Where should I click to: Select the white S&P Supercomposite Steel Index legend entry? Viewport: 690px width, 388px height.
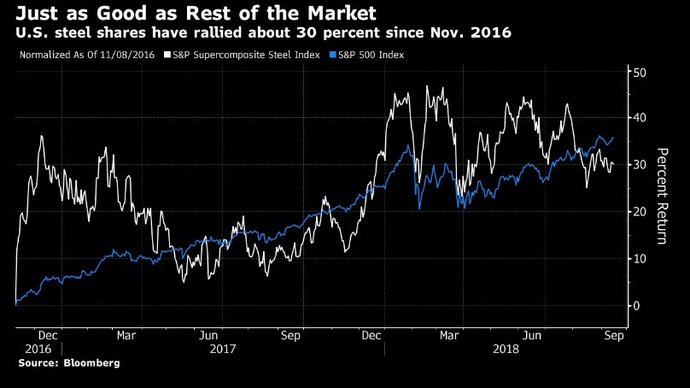(x=245, y=55)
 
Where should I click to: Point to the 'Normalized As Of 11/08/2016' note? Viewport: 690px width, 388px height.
(x=86, y=55)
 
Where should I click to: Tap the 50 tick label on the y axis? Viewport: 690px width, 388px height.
(x=637, y=73)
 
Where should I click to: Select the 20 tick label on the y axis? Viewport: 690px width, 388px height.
(x=637, y=211)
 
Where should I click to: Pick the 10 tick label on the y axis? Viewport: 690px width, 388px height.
(x=637, y=258)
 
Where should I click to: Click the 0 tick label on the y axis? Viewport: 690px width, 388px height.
(x=634, y=305)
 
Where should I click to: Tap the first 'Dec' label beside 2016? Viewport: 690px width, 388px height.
(x=49, y=336)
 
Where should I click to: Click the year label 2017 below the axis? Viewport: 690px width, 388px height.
(x=222, y=350)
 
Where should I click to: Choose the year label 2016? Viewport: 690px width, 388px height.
(x=38, y=350)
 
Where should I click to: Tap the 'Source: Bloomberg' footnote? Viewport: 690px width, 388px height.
(x=69, y=363)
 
